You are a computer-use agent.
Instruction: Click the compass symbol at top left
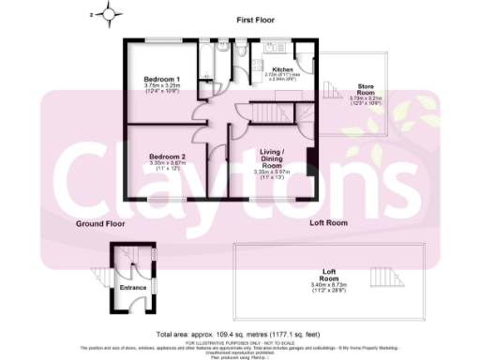click(112, 15)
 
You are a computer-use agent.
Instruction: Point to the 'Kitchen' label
click(283, 70)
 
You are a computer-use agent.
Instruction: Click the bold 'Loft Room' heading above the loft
click(329, 223)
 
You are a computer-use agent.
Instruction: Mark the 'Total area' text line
click(242, 333)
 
